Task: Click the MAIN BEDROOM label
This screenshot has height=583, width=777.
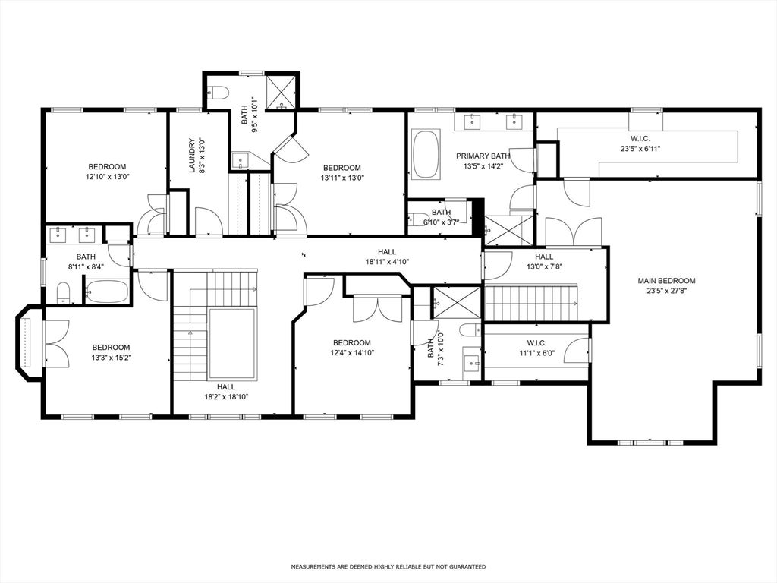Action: click(x=666, y=281)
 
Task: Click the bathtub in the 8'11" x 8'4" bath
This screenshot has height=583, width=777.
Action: click(x=106, y=291)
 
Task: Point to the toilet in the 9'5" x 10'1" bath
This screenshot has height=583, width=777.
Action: click(x=219, y=93)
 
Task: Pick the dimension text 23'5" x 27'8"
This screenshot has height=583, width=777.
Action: click(x=666, y=290)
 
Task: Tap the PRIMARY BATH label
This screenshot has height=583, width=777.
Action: click(x=483, y=156)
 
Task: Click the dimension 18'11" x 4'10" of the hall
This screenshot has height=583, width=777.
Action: click(x=387, y=261)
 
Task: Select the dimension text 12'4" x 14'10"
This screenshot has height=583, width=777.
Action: click(x=351, y=352)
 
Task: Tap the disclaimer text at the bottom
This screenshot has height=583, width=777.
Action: click(x=388, y=566)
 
